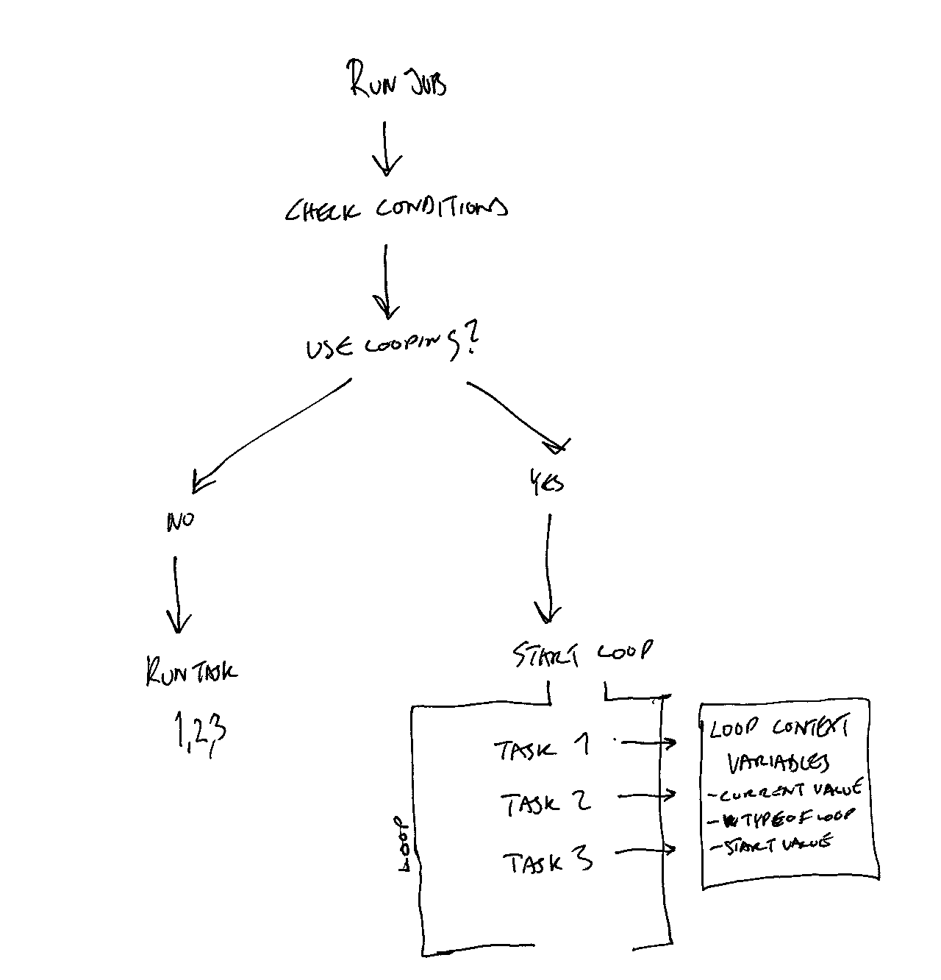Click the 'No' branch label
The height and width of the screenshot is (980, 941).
point(180,522)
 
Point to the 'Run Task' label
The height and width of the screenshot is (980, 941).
point(192,672)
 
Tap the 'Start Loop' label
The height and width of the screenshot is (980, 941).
point(582,653)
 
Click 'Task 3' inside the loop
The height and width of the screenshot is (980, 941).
point(548,862)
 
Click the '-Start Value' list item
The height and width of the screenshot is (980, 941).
point(771,845)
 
